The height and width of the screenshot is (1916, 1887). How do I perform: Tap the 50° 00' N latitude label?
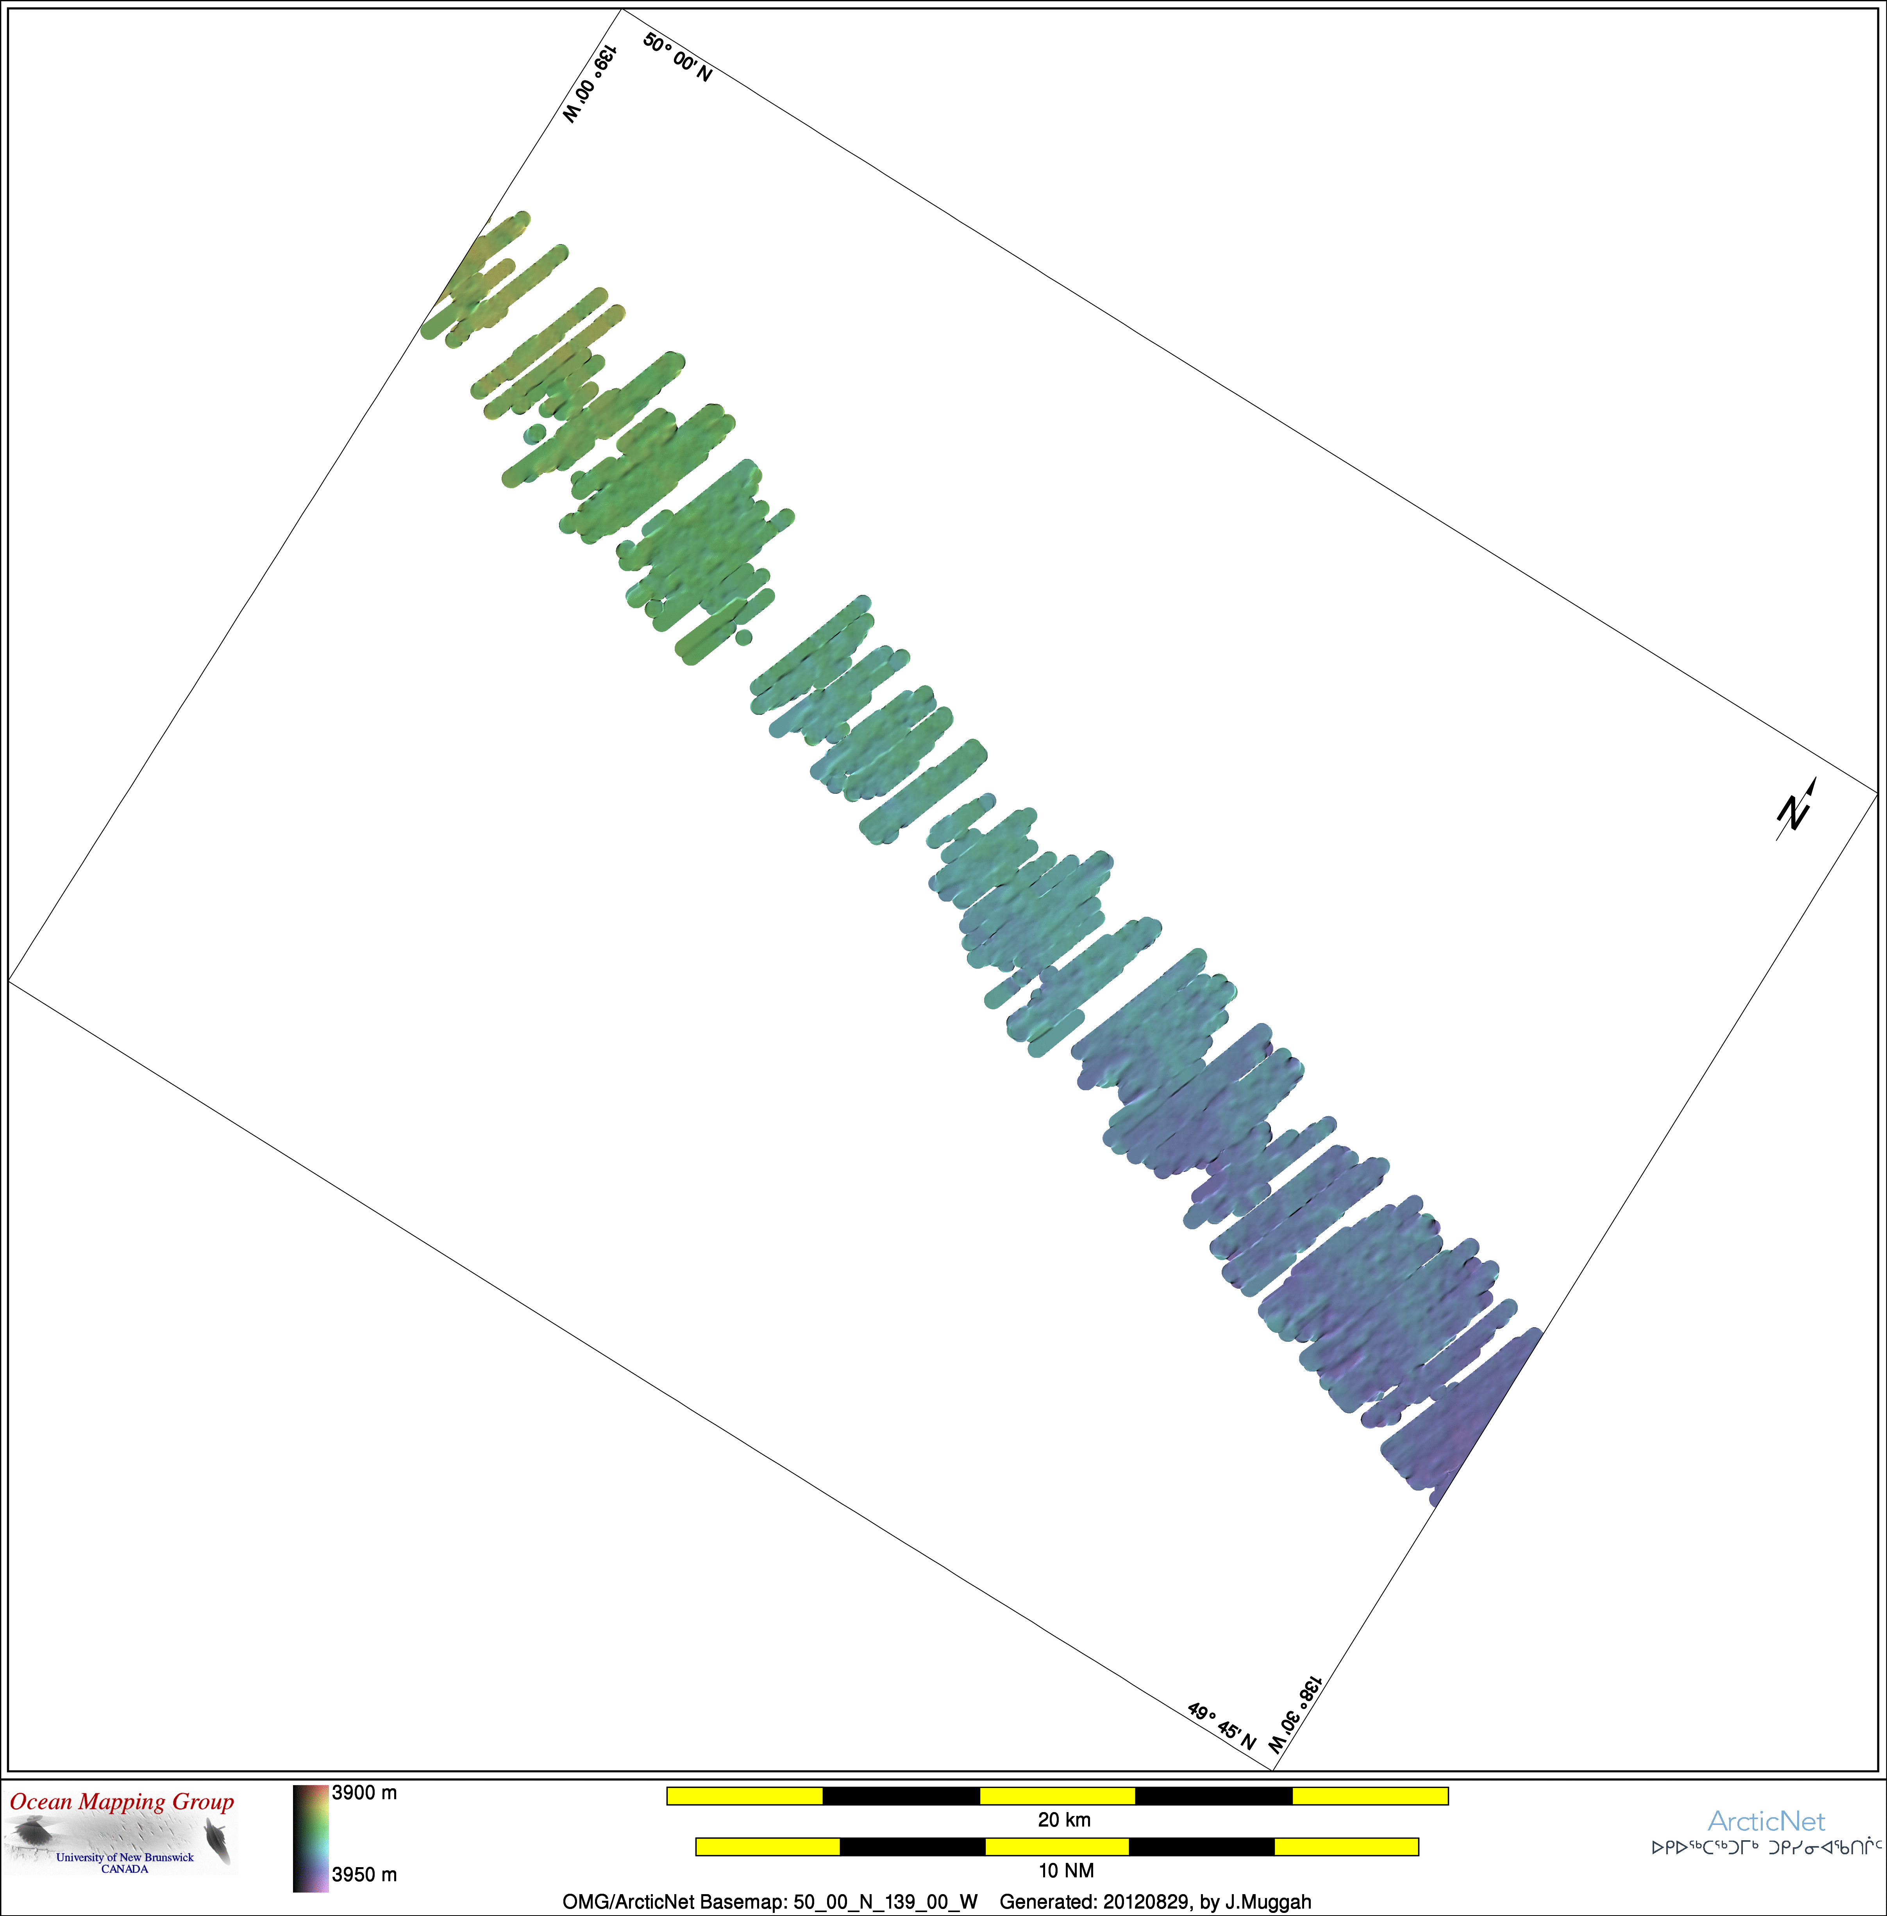[x=678, y=57]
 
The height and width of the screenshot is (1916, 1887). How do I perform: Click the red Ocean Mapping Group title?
[x=122, y=1802]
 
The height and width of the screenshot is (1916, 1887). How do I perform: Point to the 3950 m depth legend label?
[x=365, y=1874]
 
